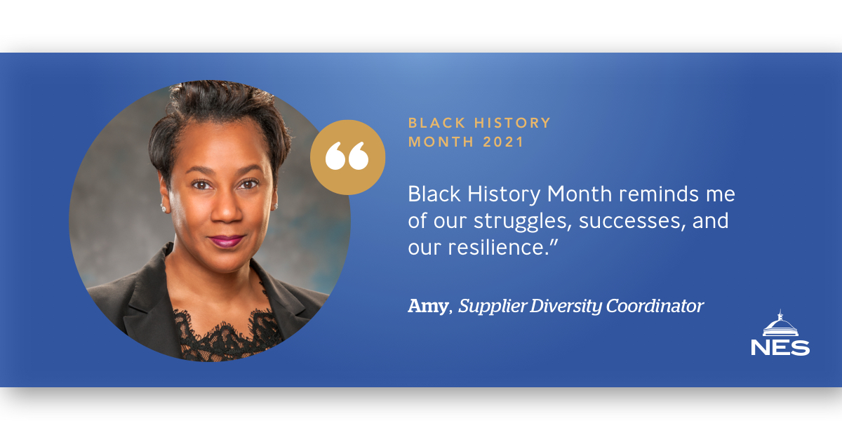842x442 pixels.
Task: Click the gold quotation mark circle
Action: click(348, 157)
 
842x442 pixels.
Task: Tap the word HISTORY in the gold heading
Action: click(512, 123)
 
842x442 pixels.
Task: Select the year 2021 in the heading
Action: click(503, 142)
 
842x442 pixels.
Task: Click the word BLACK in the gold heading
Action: click(436, 123)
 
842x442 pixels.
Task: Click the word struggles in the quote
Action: click(523, 221)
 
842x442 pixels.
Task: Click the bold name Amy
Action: click(429, 307)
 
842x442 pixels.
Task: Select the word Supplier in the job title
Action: click(493, 307)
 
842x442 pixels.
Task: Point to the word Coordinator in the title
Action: click(655, 306)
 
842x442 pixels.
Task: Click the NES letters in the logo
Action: click(780, 348)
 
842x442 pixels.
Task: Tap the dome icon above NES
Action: click(780, 323)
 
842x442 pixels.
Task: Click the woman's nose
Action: click(227, 210)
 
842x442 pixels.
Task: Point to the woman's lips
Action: click(226, 241)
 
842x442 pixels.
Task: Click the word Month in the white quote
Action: click(580, 194)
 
